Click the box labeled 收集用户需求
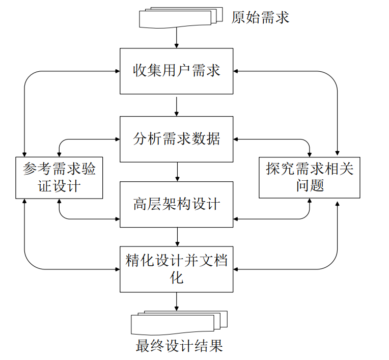pyautogui.click(x=176, y=71)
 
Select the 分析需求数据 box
pyautogui.click(x=176, y=139)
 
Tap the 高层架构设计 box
pyautogui.click(x=176, y=204)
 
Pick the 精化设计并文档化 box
pyautogui.click(x=176, y=269)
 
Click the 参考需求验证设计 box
pyautogui.click(x=59, y=177)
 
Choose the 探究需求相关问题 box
pyautogui.click(x=309, y=176)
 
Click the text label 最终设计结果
pyautogui.click(x=179, y=346)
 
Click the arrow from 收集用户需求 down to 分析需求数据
pyautogui.click(x=176, y=105)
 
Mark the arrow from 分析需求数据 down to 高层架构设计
pyautogui.click(x=177, y=172)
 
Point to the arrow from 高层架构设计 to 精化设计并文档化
pyautogui.click(x=177, y=236)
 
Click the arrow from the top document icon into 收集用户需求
pyautogui.click(x=176, y=38)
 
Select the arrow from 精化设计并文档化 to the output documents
pyautogui.click(x=177, y=301)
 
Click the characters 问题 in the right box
pyautogui.click(x=310, y=185)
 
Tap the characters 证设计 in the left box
pyautogui.click(x=59, y=186)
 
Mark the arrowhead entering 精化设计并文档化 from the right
pyautogui.click(x=237, y=268)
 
